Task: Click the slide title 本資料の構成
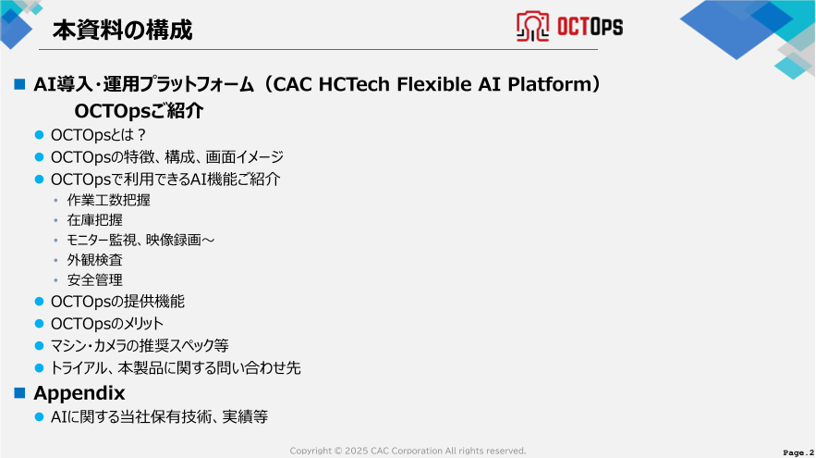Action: coord(121,31)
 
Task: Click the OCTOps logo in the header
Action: coord(569,27)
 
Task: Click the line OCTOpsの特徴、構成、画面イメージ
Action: coord(166,157)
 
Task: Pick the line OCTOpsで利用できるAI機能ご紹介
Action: coord(165,179)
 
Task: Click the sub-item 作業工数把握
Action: coord(108,200)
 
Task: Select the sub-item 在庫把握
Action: coord(94,220)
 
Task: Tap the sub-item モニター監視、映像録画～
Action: coord(140,240)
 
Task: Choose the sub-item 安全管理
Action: coord(94,279)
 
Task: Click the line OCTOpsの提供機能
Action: coord(117,301)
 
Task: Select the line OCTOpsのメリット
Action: coord(107,323)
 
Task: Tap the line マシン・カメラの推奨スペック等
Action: coord(139,345)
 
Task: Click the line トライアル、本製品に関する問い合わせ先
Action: coord(176,367)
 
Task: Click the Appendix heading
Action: coord(79,392)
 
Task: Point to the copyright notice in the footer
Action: coord(408,451)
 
